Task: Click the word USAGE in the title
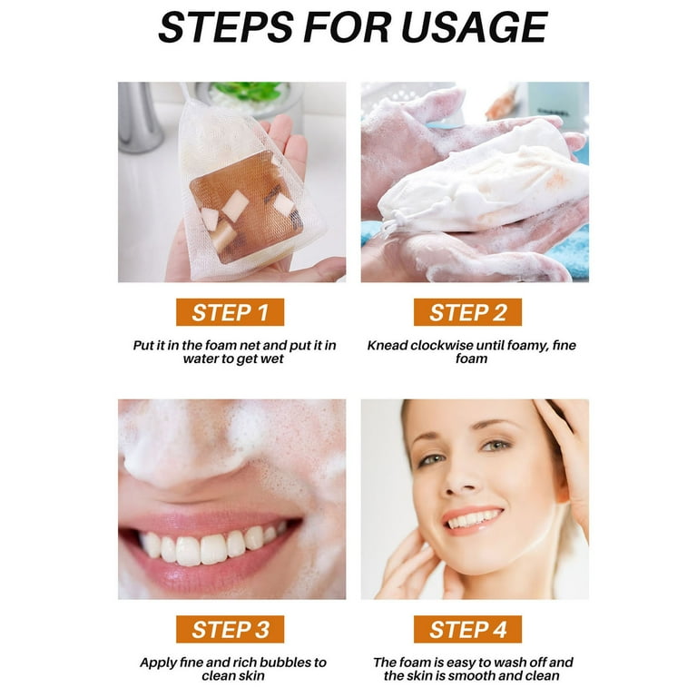(475, 27)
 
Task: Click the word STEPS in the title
(226, 27)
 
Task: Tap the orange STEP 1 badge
(230, 312)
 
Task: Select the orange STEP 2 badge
(467, 312)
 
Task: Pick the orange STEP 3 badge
(230, 629)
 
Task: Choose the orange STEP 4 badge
(467, 629)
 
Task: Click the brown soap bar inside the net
(247, 207)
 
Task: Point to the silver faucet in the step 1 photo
(139, 118)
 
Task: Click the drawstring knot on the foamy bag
(398, 220)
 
